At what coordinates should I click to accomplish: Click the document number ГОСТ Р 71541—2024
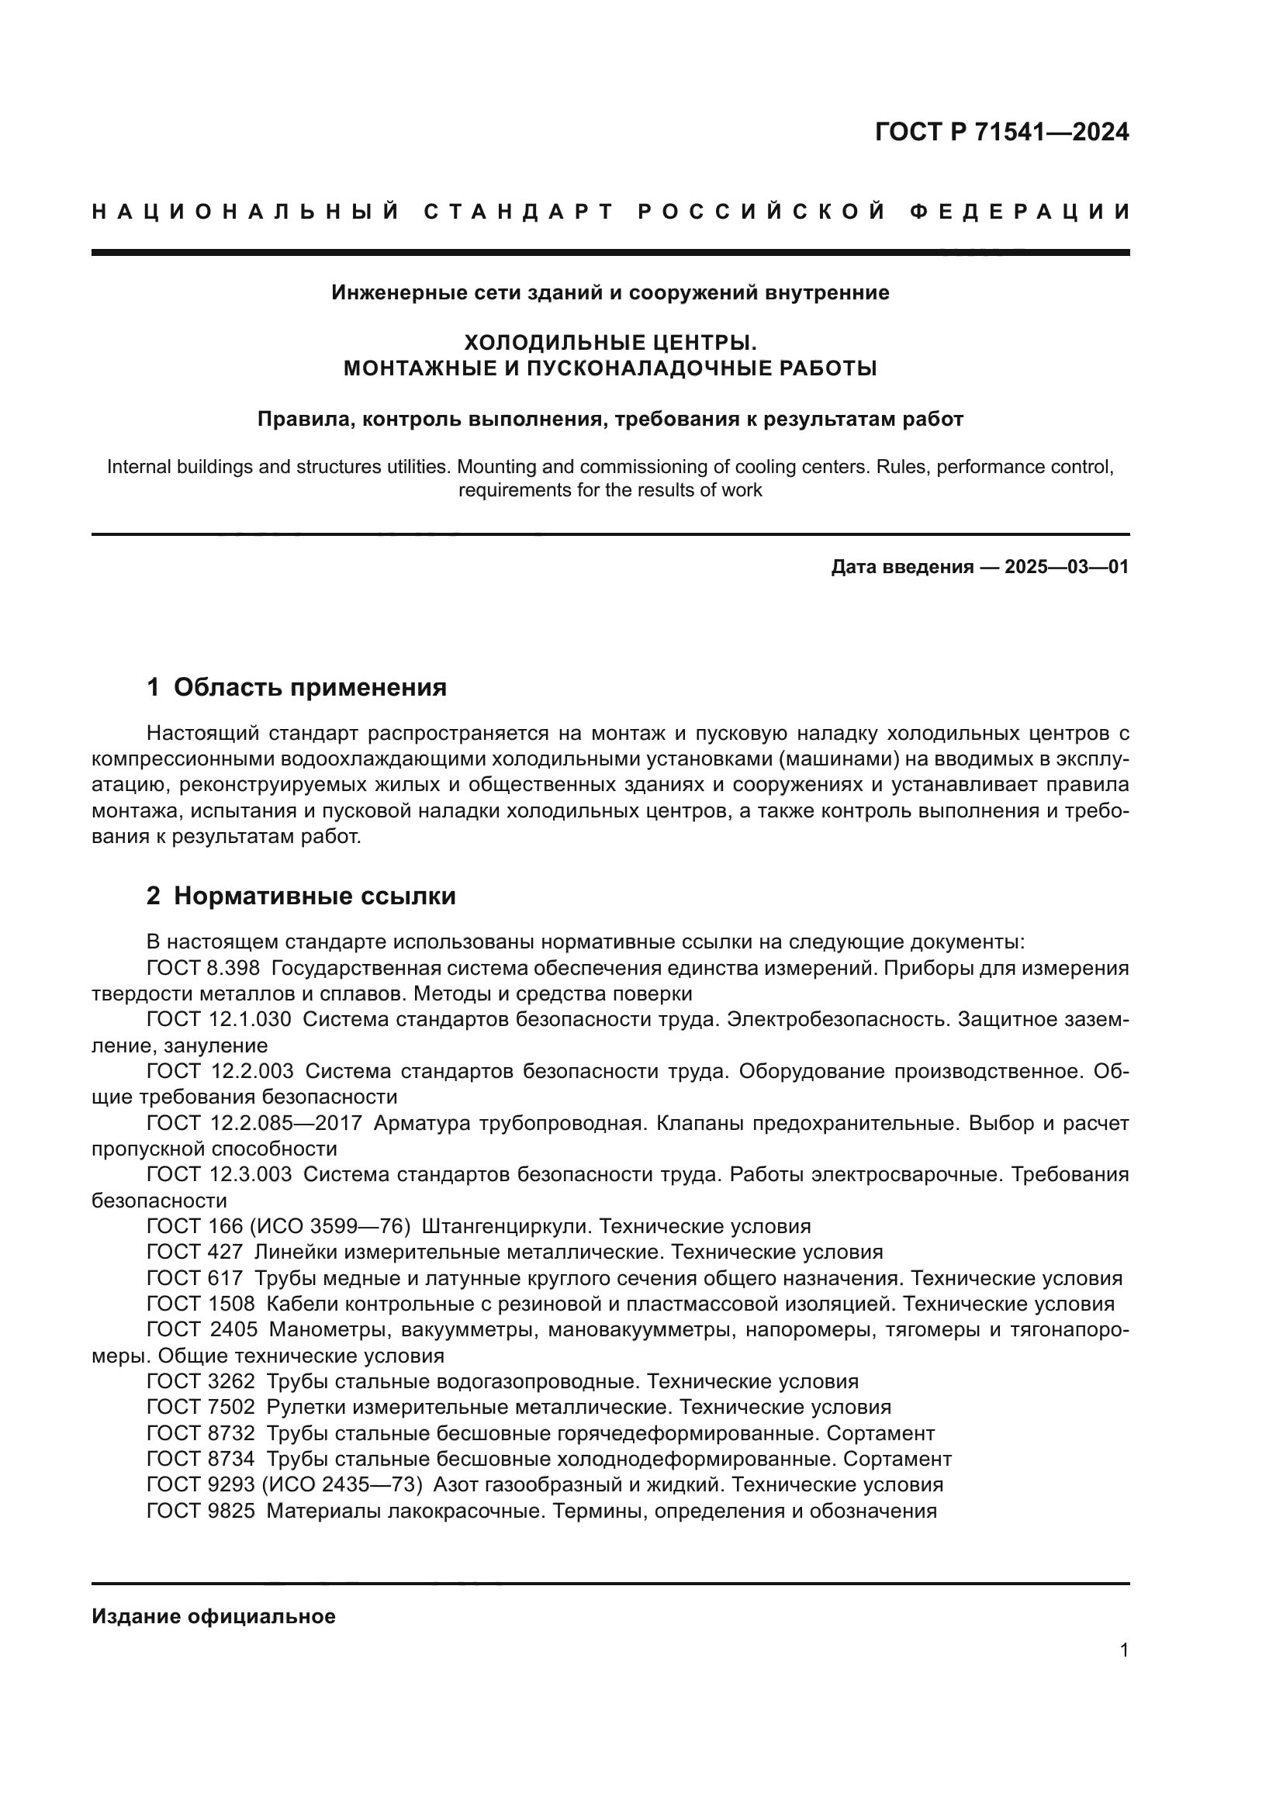tap(1001, 132)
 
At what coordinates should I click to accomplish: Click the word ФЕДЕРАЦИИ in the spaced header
tap(1019, 212)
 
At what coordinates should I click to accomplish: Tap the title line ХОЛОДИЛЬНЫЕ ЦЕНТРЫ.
tap(609, 343)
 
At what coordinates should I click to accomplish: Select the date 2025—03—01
tap(1066, 567)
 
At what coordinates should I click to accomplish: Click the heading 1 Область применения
tap(296, 687)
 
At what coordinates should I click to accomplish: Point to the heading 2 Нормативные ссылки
tap(301, 896)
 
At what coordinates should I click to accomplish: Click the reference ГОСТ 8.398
tap(203, 968)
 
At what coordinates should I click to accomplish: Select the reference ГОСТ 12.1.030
tap(219, 1019)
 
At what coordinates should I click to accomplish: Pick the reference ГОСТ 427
tap(195, 1252)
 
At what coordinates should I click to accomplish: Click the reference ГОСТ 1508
tap(201, 1304)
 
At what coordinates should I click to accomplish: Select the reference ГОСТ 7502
tap(201, 1406)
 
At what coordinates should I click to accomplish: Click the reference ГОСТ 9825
tap(201, 1511)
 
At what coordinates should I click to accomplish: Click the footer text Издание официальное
tap(213, 1616)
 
